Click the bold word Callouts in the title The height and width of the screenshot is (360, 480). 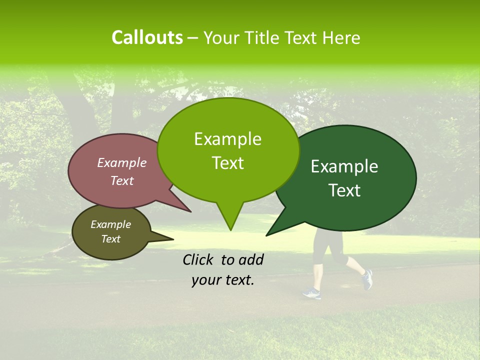point(147,37)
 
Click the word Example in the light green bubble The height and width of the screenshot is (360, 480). point(227,139)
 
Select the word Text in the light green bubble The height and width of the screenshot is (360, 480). point(227,163)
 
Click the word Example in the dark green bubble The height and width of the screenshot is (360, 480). point(344,166)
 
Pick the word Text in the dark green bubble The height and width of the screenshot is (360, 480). point(344,190)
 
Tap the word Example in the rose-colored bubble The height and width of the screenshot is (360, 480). point(121,162)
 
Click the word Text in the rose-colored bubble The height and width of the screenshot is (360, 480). point(121,180)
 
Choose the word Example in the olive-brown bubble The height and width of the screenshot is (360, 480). point(110,224)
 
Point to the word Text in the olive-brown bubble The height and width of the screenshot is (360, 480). point(110,239)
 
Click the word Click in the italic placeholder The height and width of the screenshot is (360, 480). point(199,259)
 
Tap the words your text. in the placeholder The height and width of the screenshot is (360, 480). point(222,280)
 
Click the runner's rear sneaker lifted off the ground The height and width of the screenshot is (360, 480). point(367,279)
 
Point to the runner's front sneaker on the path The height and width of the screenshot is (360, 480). point(311,293)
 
